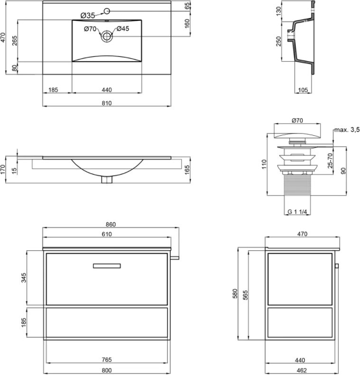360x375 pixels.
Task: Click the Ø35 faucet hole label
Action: (x=88, y=16)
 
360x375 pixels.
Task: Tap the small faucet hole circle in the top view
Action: (x=107, y=11)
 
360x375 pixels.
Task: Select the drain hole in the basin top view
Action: (x=107, y=37)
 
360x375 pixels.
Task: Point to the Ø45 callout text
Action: (x=123, y=29)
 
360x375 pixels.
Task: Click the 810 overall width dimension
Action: (x=107, y=103)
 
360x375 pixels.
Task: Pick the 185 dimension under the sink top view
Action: (x=53, y=90)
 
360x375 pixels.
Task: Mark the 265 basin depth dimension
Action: (x=14, y=41)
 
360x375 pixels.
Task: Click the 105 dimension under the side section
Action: (x=303, y=90)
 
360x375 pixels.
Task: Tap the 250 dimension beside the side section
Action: (x=278, y=41)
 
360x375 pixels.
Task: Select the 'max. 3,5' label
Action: (x=347, y=129)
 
